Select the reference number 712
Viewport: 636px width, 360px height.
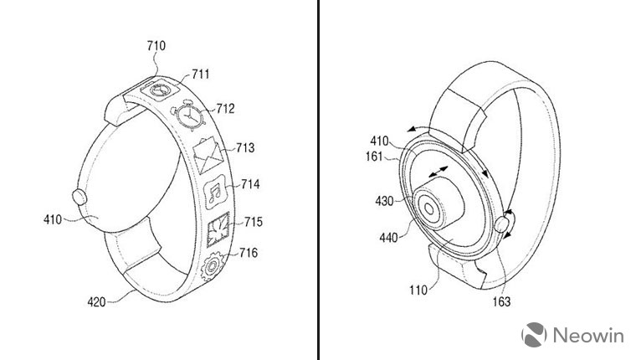(224, 108)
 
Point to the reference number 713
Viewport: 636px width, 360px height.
(246, 148)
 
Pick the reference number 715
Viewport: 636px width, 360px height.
(253, 221)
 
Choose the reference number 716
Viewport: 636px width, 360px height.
(249, 252)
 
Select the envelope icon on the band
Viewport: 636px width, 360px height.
(205, 157)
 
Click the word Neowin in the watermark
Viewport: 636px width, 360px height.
(586, 337)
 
